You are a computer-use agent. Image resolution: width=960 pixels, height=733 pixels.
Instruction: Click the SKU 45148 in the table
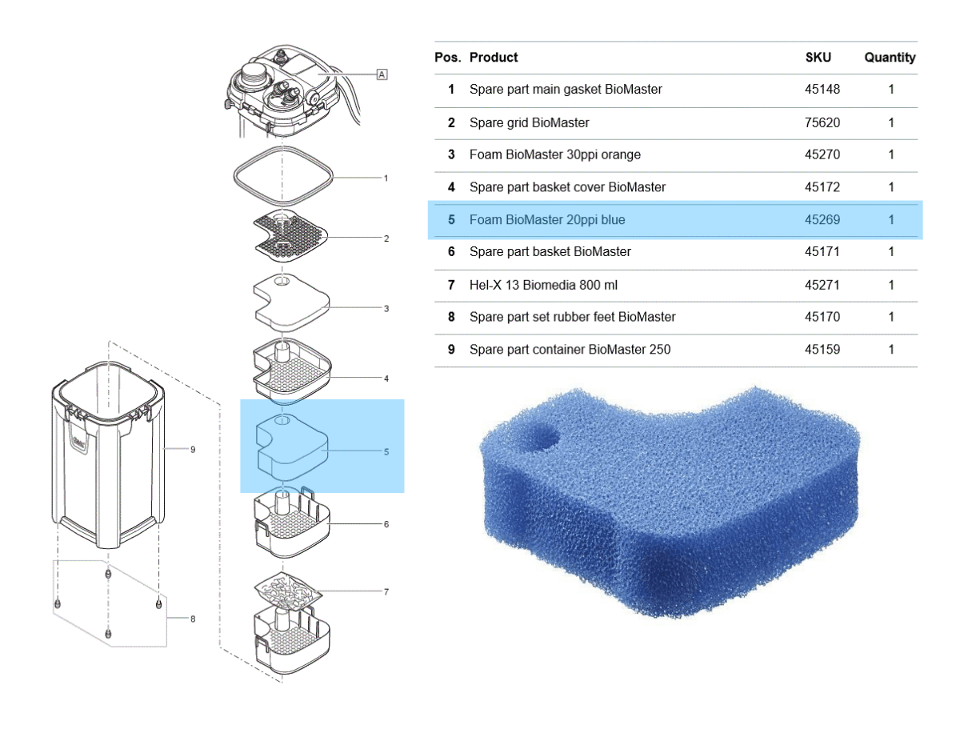822,90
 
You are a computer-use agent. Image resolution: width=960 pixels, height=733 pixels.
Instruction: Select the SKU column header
818,58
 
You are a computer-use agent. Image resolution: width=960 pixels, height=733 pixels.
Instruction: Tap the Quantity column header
890,58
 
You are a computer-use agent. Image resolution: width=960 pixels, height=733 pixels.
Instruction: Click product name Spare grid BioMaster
529,122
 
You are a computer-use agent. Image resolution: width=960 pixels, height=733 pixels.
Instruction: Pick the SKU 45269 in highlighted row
822,219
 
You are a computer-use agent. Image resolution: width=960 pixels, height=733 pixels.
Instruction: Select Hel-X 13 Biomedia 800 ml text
543,285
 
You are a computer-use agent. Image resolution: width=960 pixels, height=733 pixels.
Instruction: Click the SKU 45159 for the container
822,350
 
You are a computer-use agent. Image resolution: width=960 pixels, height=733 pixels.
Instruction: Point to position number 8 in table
451,317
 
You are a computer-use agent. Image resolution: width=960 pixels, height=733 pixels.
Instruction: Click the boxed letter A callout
382,74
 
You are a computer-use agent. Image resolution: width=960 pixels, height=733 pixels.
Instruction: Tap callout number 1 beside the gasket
386,178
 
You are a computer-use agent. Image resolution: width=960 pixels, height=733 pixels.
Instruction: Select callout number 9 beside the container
193,450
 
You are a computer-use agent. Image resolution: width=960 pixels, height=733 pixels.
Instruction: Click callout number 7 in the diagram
386,592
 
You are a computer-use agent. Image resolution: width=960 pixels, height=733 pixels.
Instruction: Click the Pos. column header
446,58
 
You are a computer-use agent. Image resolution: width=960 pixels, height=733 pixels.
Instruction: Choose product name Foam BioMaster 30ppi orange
554,154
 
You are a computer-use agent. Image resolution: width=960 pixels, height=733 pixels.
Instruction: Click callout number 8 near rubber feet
193,619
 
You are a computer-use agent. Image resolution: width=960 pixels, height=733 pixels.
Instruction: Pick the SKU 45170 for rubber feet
822,317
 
